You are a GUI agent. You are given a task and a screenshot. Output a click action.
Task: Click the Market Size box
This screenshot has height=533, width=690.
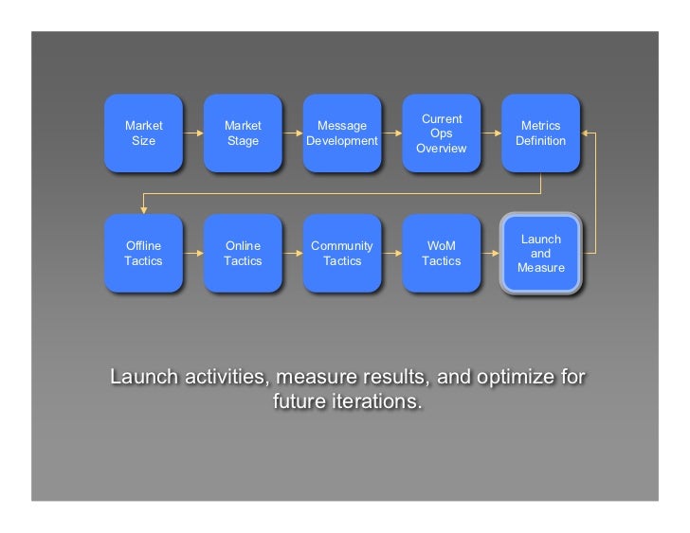143,133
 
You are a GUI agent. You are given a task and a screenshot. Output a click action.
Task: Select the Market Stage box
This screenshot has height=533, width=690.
243,133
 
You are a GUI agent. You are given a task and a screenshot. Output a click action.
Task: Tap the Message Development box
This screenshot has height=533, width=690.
341,133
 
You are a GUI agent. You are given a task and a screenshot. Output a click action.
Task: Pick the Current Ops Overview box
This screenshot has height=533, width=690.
441,133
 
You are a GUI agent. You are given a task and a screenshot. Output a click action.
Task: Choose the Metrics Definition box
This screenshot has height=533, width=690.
540,133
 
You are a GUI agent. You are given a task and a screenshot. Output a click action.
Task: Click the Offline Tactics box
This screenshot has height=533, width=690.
143,254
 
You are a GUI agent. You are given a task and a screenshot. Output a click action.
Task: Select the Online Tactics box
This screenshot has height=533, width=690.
243,254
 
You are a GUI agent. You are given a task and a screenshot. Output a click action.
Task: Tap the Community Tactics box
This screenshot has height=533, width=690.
341,254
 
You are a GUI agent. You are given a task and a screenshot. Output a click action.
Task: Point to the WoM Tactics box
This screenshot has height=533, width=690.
441,254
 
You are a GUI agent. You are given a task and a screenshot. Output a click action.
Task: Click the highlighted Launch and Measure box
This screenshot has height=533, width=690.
540,254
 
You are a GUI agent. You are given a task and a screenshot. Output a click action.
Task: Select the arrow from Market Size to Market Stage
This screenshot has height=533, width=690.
192,133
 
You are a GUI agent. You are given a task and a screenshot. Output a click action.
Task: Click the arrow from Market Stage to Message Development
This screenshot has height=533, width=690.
292,133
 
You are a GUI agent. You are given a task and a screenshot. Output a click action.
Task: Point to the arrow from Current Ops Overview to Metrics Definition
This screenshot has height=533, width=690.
490,133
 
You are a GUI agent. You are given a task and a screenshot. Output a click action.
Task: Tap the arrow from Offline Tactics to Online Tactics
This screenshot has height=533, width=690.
192,254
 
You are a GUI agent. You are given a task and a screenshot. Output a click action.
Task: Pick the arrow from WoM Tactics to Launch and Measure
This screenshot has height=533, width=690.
490,254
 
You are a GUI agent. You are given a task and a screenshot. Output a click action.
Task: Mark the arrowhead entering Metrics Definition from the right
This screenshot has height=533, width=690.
586,133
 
